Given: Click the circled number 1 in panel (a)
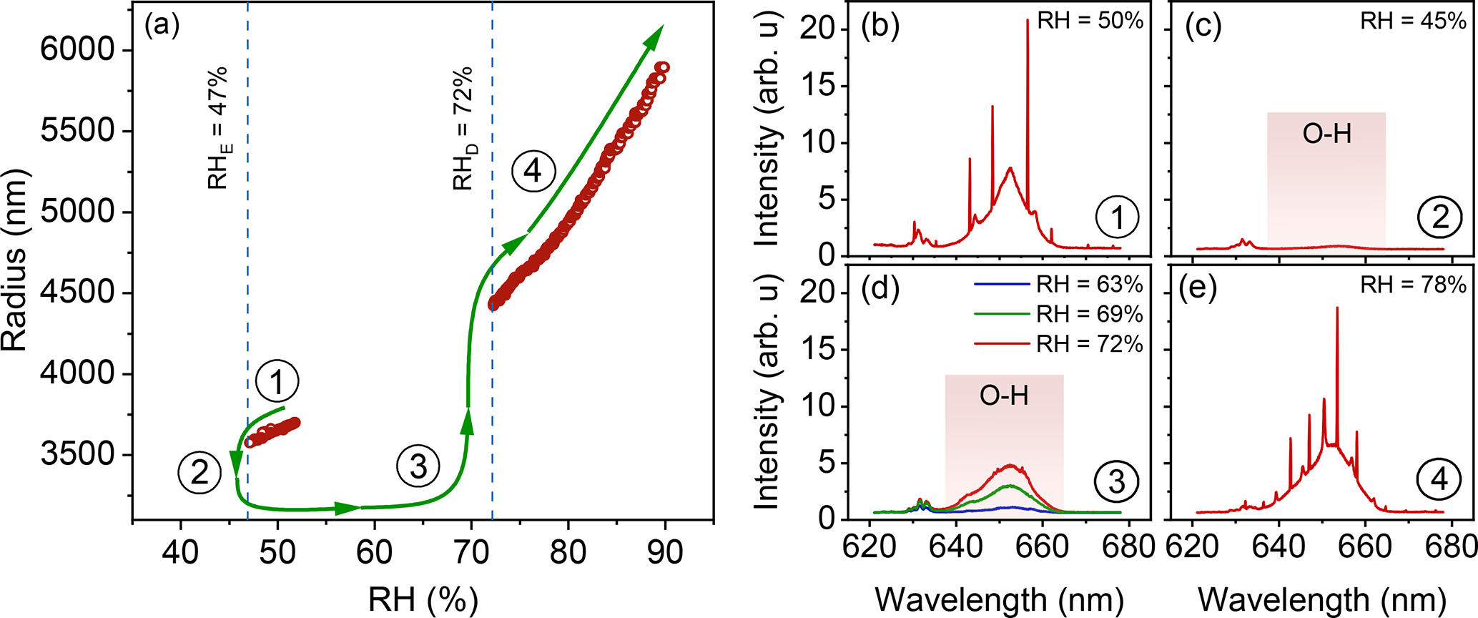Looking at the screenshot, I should click(x=277, y=382).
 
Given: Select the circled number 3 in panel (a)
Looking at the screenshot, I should click(x=418, y=466).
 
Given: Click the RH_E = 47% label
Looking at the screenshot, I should click(x=217, y=127).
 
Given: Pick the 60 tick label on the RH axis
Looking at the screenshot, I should click(x=374, y=552).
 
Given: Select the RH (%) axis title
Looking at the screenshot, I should click(x=423, y=599).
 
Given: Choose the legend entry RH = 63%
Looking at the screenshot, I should click(x=1089, y=285).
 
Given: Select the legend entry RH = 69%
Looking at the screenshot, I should click(x=1089, y=314).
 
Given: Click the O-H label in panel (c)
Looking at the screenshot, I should click(x=1327, y=134).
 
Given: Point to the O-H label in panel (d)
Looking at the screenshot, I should click(x=1004, y=396).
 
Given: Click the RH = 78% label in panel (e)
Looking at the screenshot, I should click(x=1413, y=285).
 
